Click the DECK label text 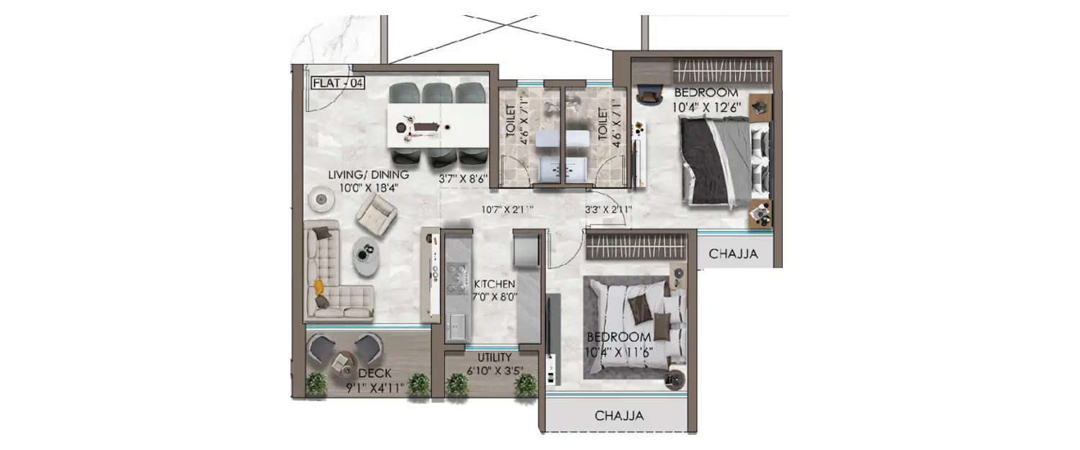pos(374,373)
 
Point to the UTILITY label pos(494,357)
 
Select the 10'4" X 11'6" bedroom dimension pos(619,352)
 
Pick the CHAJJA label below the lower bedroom pos(618,415)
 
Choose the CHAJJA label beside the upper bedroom pos(732,253)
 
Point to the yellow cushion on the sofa pos(317,287)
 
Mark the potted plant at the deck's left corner pos(315,384)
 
